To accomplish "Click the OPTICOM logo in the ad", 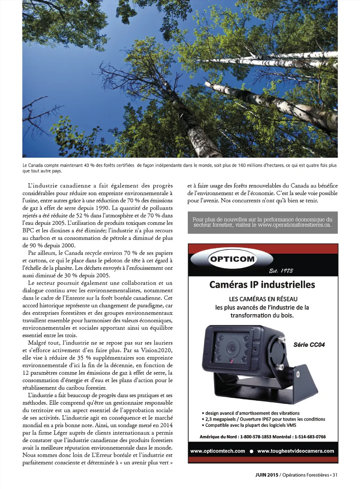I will click(x=232, y=259).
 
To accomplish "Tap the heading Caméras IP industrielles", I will click(x=262, y=285).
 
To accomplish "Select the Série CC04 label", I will click(x=309, y=345).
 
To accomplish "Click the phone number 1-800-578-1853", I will click(x=256, y=437).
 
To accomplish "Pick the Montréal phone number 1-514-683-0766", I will click(x=310, y=437).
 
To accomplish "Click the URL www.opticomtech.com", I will click(x=218, y=451).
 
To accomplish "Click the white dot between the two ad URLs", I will click(x=251, y=451).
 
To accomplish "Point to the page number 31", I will click(x=335, y=475).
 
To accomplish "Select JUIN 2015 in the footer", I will click(x=266, y=475).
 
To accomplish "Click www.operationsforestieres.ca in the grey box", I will click(x=294, y=225).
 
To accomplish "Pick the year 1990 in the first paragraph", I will click(x=102, y=208).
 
